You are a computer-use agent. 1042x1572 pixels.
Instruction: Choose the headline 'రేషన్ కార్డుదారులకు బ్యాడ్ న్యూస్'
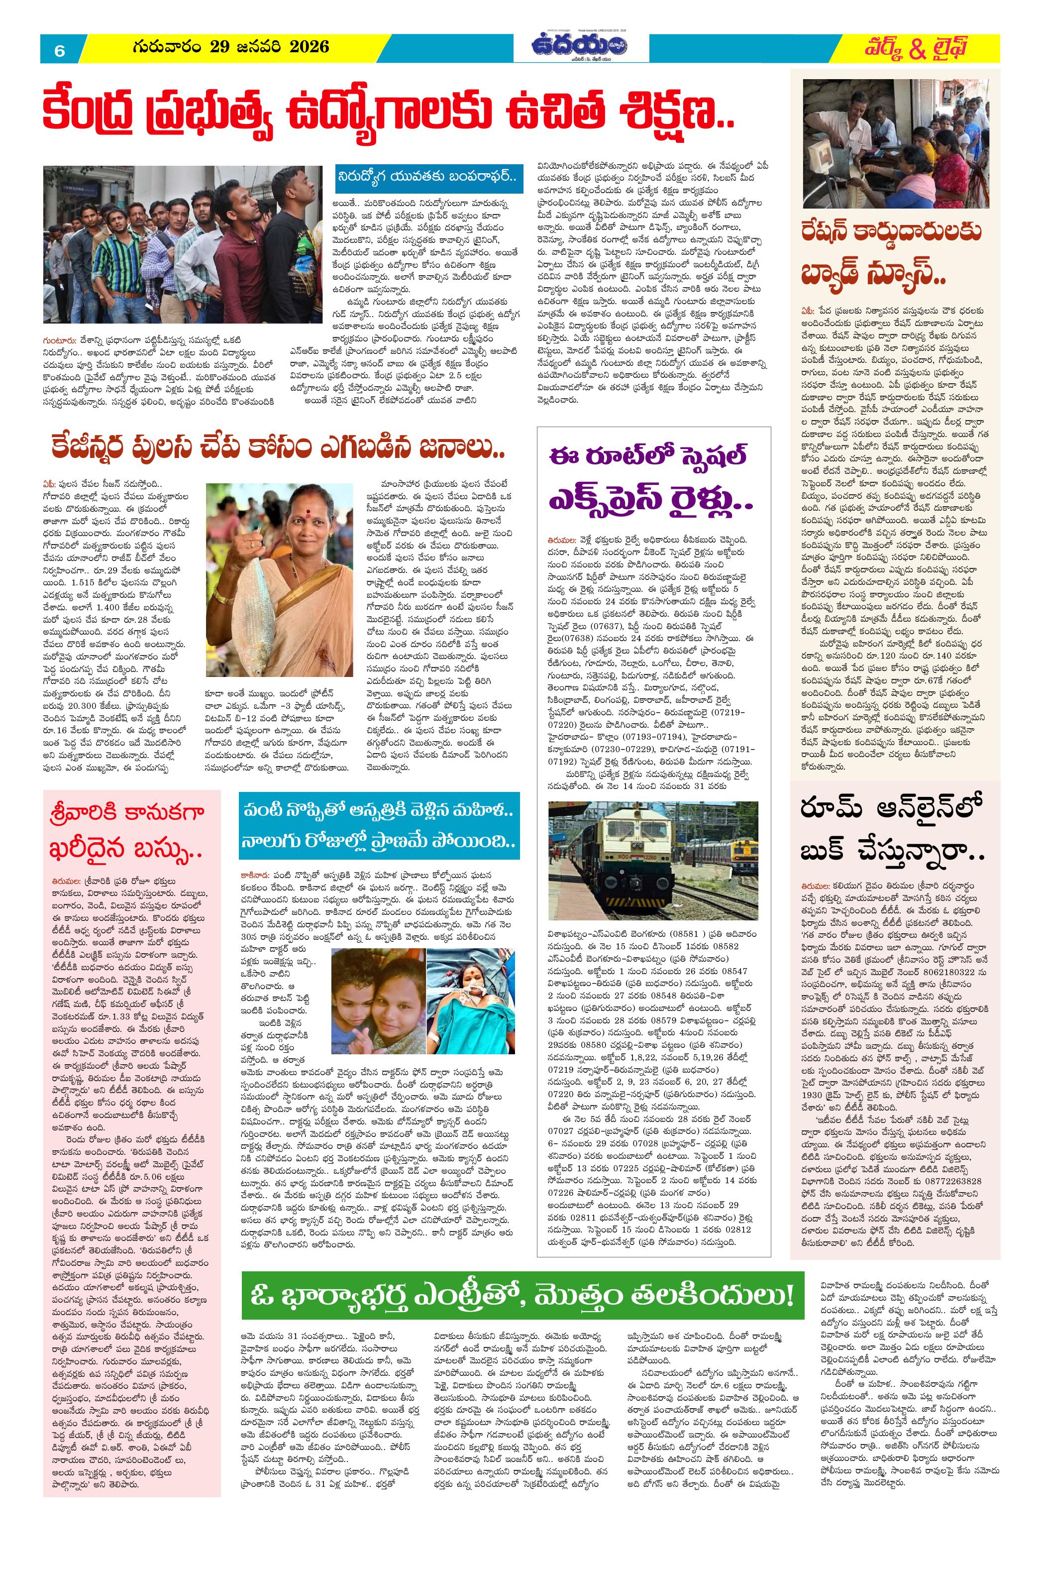(x=893, y=253)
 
